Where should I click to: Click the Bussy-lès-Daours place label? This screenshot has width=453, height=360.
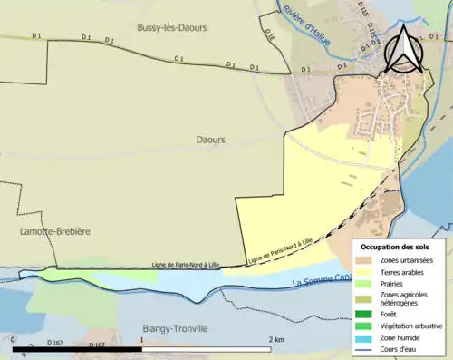[172, 28]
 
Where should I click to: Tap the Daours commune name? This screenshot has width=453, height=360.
[211, 140]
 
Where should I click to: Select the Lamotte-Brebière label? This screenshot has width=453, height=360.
[54, 232]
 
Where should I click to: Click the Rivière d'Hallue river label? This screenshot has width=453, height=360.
[306, 24]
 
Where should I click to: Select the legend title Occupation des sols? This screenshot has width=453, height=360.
[396, 247]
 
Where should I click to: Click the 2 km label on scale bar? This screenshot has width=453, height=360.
[277, 337]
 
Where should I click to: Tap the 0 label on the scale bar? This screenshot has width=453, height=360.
[14, 337]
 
